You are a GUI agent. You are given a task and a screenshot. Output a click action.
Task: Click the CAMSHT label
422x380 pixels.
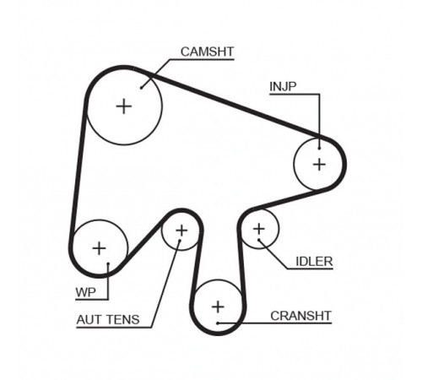pos(207,52)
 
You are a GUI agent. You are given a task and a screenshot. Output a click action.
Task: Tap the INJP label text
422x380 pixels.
pos(283,86)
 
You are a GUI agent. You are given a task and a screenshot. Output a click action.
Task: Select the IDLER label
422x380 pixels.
pos(314,262)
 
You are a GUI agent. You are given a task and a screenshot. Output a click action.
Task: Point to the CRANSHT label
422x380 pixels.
pos(300,316)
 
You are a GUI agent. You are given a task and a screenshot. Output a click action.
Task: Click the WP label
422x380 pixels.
pos(85,292)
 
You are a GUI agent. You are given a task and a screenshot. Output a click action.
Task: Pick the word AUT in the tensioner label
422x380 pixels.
pos(89,320)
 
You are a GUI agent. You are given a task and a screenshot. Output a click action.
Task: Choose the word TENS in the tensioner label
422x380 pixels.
pos(123,320)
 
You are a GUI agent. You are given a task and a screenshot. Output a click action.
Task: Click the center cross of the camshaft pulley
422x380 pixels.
pos(124,106)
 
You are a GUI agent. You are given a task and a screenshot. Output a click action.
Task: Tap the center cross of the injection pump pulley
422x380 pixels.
pos(319,164)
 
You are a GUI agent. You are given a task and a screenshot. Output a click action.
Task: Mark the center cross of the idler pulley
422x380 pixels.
pos(259,229)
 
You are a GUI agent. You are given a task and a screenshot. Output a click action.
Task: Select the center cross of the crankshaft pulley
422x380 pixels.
pos(218,307)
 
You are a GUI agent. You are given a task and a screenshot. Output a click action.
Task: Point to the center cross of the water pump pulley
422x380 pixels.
pos(99,248)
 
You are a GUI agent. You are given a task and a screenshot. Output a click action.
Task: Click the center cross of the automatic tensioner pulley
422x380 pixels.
pos(181,231)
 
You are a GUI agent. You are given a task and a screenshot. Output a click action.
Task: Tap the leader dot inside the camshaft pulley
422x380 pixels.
pos(141,88)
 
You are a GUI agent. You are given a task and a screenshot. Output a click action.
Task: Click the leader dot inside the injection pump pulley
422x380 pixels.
pos(319,149)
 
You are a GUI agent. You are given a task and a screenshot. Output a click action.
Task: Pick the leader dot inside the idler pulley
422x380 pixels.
pos(259,240)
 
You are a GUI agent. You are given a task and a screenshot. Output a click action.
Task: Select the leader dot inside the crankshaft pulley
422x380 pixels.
pos(218,323)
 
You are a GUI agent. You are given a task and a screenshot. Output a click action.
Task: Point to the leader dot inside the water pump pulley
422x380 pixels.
pos(108,263)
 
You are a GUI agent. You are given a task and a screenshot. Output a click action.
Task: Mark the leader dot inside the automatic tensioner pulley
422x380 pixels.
pos(180,241)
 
